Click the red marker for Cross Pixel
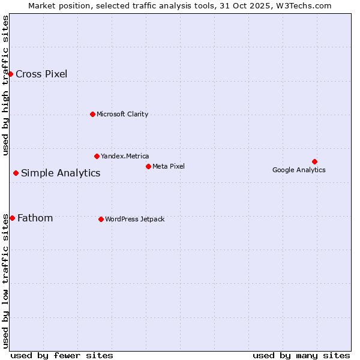coord(10,74)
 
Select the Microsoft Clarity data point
coord(92,114)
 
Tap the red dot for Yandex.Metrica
coord(97,156)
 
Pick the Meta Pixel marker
coord(148,166)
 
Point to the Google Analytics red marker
coord(314,161)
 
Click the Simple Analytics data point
coord(16,173)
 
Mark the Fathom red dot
coord(12,218)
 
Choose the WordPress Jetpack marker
coord(101,219)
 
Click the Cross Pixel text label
coord(41,74)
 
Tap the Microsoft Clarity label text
coord(122,114)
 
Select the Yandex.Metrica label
coord(125,156)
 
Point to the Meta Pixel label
coord(169,166)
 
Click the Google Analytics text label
coord(299,170)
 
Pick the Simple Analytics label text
coord(61,173)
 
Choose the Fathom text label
coord(35,218)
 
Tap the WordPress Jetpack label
coord(134,219)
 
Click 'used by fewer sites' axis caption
coord(62,355)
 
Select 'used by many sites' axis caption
coord(301,355)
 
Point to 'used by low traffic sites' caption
coord(6,282)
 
